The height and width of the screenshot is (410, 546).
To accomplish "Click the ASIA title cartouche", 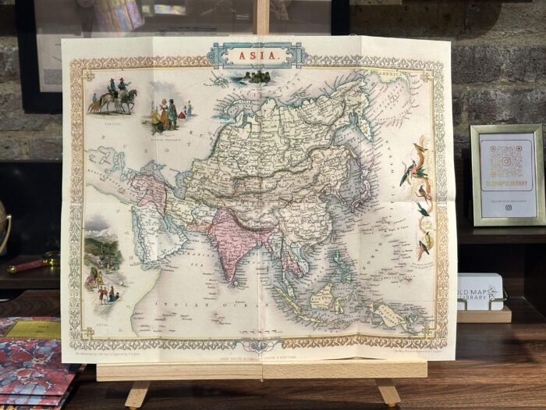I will pyautogui.click(x=257, y=55).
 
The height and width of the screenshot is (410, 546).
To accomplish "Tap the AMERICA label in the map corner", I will pyautogui.click(x=394, y=77).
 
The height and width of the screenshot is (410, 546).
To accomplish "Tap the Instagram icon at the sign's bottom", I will pyautogui.click(x=508, y=208).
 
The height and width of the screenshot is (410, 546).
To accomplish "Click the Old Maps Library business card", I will pyautogui.click(x=480, y=291).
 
